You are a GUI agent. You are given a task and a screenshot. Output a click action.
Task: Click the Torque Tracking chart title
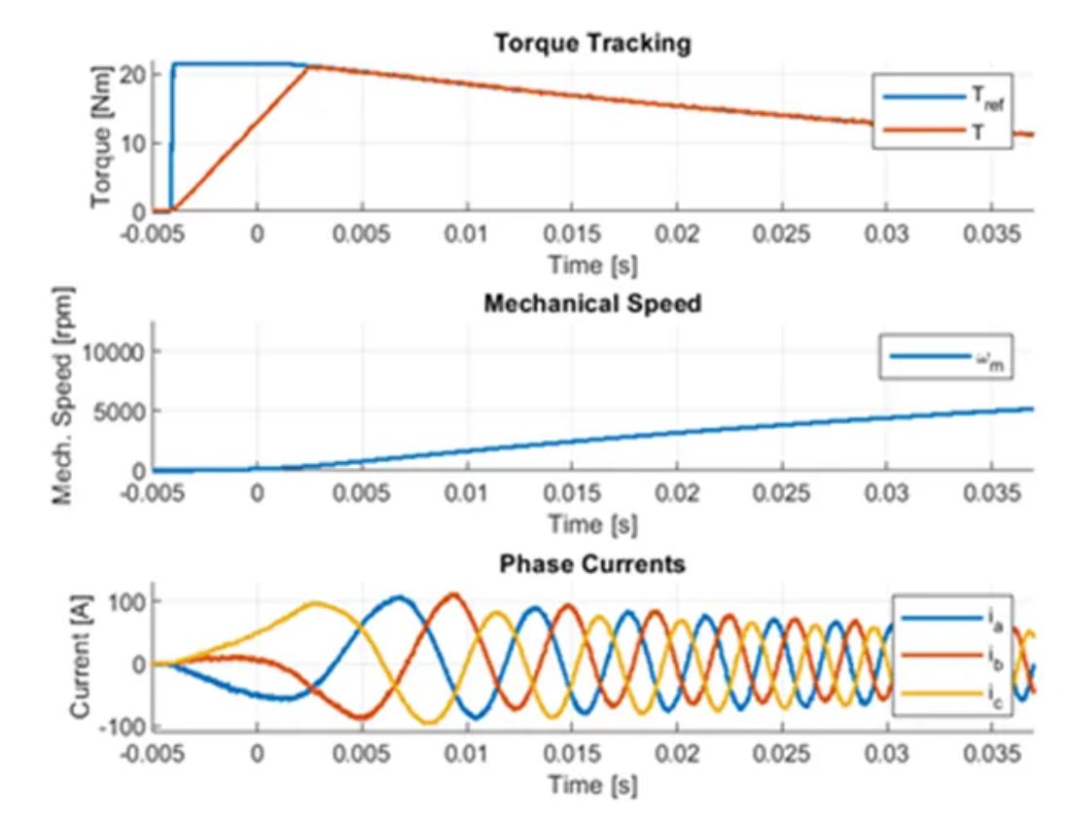pos(592,44)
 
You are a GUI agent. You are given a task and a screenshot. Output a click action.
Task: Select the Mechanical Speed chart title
pos(592,304)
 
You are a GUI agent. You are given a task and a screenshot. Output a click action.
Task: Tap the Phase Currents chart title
pos(592,563)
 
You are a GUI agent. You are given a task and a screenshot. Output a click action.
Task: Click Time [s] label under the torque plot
pos(592,264)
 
